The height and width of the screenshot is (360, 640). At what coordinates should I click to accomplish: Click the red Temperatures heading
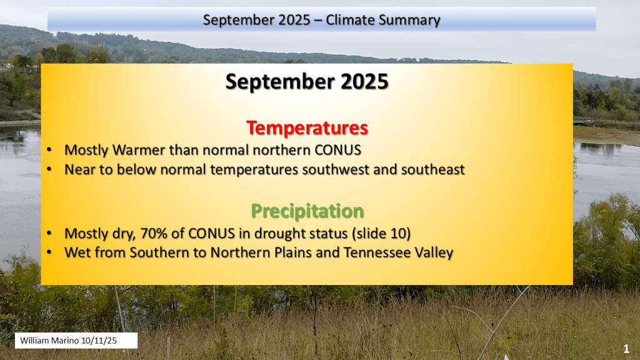(x=307, y=127)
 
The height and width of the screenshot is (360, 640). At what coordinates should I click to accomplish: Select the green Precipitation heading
(x=307, y=211)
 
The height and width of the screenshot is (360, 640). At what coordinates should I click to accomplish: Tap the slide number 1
(x=626, y=349)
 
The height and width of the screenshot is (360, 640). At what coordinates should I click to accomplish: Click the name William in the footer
(x=36, y=341)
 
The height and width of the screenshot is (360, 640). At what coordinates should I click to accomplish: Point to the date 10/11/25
(x=99, y=341)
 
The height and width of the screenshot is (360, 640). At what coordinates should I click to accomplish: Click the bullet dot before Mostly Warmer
(x=49, y=150)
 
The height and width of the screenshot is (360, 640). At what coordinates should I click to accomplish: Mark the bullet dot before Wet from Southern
(x=49, y=252)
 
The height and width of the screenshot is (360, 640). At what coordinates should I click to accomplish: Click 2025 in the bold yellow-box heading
(x=364, y=82)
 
